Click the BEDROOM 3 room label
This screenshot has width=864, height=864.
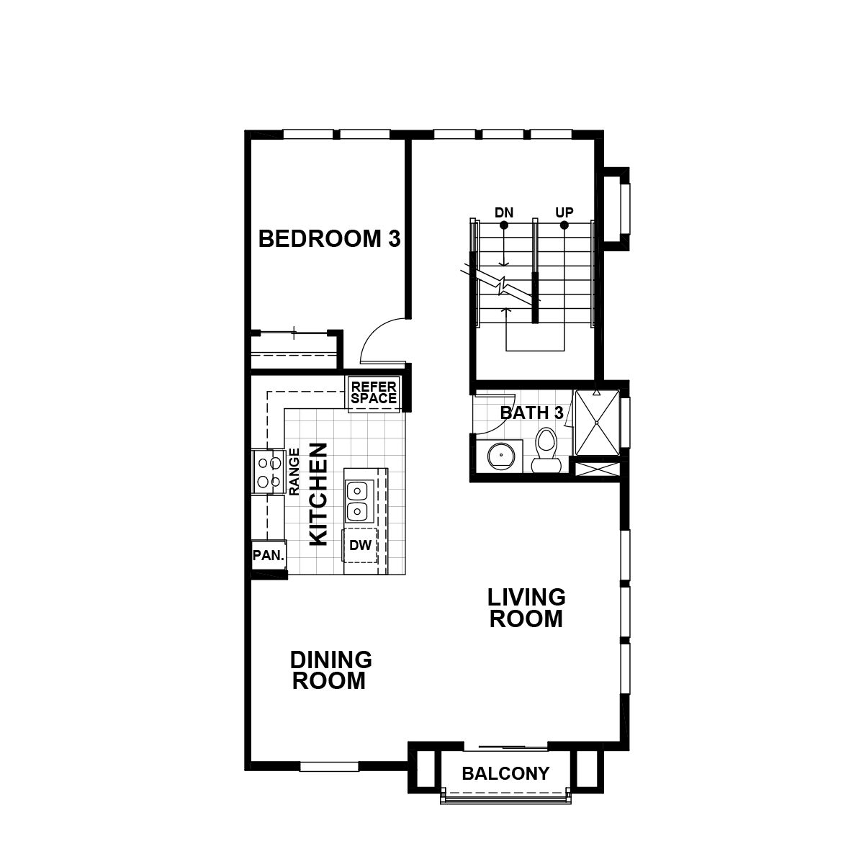(329, 239)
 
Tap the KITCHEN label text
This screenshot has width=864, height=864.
(318, 494)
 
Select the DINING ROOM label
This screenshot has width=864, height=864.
(330, 670)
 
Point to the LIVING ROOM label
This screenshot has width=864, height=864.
(526, 608)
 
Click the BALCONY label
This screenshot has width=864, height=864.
(505, 774)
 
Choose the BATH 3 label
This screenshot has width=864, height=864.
(531, 413)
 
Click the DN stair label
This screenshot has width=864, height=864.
(503, 213)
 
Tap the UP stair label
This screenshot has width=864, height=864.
(564, 213)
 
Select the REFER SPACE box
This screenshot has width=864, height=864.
(374, 394)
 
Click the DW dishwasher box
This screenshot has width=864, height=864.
(360, 546)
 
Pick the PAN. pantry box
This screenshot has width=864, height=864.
(269, 556)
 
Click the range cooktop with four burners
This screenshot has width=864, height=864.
(267, 472)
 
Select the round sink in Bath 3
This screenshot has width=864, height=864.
(498, 456)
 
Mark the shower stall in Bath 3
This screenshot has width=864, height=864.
(595, 423)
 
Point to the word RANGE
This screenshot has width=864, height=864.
(294, 472)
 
